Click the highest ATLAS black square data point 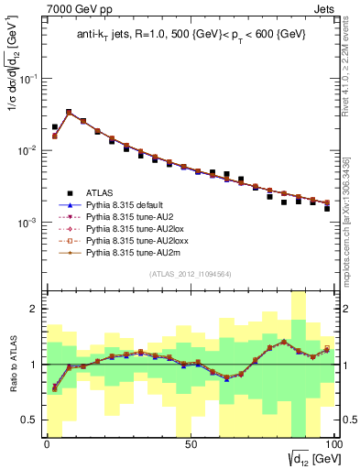click(69, 113)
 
